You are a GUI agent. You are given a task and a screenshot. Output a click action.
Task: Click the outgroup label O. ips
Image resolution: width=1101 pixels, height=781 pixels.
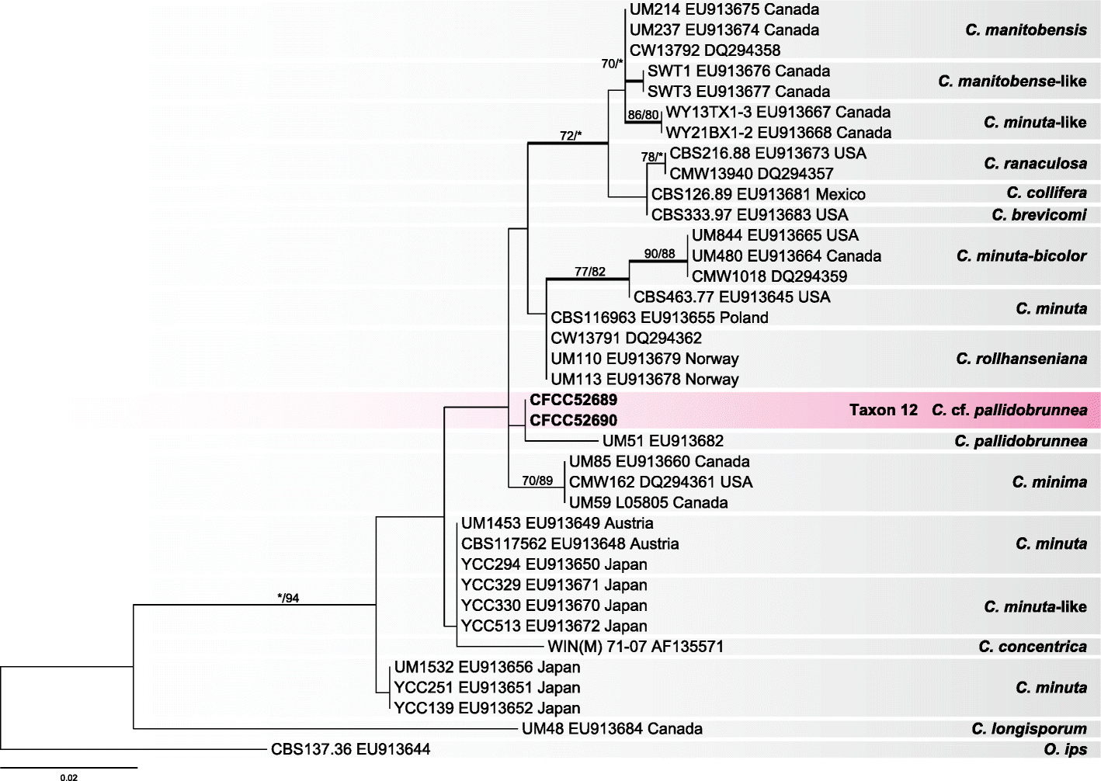click(x=1065, y=750)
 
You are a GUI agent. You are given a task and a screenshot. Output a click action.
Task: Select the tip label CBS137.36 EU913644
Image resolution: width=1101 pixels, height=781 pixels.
click(x=350, y=750)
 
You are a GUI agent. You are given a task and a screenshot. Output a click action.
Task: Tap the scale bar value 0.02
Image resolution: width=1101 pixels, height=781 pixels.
click(x=68, y=776)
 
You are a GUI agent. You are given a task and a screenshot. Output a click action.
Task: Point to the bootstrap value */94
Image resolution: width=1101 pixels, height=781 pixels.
click(x=288, y=598)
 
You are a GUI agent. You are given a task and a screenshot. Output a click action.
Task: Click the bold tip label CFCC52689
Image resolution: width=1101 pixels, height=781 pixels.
click(x=574, y=400)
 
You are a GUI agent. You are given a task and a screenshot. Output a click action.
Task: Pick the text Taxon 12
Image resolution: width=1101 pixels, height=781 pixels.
click(x=883, y=410)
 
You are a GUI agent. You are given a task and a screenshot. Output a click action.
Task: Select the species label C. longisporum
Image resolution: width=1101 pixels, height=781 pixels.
click(x=1029, y=729)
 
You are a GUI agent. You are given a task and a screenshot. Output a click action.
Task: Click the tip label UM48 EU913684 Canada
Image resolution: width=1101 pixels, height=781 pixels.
click(x=612, y=729)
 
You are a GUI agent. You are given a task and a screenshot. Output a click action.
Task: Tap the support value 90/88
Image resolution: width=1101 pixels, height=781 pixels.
click(x=659, y=254)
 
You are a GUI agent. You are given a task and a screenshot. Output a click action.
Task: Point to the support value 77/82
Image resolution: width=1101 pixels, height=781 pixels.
click(x=589, y=272)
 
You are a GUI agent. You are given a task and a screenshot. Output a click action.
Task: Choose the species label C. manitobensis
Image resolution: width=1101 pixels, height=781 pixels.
click(x=1026, y=30)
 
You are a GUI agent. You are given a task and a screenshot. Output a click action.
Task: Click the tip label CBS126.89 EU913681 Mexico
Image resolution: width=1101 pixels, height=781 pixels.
click(x=758, y=194)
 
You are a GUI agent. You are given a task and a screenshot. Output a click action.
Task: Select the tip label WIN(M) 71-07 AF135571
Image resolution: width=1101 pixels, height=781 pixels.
click(x=635, y=647)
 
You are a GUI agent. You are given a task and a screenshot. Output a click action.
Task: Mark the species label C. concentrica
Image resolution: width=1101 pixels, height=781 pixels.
click(x=1032, y=647)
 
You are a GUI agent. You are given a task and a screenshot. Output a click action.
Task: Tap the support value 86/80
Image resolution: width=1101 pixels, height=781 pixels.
click(x=643, y=115)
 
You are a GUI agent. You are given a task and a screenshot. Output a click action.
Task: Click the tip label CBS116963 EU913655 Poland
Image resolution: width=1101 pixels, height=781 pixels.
click(x=659, y=318)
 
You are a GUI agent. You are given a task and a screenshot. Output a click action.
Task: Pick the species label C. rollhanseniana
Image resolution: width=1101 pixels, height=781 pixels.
click(x=1021, y=359)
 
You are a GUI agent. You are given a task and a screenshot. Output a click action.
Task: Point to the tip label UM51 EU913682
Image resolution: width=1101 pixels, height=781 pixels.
click(x=662, y=441)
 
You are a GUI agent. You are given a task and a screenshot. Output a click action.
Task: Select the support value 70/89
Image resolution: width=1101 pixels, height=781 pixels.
click(x=537, y=481)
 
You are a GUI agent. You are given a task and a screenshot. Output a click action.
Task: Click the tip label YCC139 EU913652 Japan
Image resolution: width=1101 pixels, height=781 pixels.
click(x=487, y=708)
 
